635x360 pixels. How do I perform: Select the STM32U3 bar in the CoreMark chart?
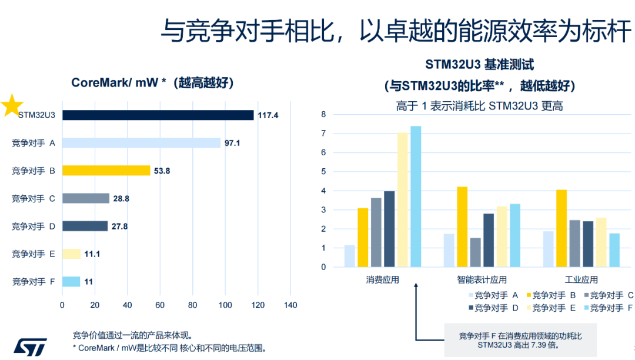[158, 115]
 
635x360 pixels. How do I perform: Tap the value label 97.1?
[232, 144]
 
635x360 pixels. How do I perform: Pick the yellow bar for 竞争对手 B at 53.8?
[106, 171]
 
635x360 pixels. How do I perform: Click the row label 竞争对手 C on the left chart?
[33, 198]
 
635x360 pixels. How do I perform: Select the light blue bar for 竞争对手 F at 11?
[71, 282]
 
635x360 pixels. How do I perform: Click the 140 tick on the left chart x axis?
[290, 305]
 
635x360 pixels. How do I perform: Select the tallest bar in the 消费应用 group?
[416, 196]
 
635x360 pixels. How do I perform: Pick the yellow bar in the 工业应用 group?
[562, 228]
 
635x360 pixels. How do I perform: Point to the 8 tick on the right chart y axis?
[323, 114]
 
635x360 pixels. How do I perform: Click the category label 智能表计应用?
[482, 280]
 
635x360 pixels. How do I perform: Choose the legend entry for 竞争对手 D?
[492, 308]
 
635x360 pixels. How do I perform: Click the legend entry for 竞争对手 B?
[550, 295]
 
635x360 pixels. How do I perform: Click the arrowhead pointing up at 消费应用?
[416, 286]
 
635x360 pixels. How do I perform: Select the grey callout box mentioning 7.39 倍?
[520, 339]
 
